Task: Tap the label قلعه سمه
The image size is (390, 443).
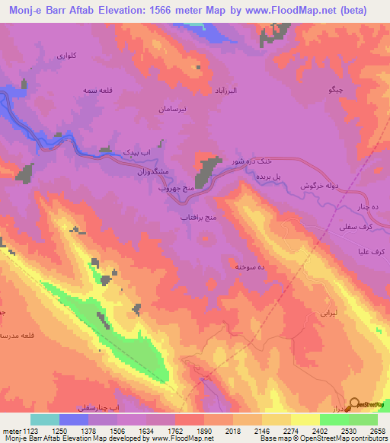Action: pos(99,91)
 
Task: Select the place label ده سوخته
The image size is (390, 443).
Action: pos(250,267)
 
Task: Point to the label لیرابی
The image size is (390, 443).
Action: pos(326,312)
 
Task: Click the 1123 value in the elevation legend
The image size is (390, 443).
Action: pos(25,431)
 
